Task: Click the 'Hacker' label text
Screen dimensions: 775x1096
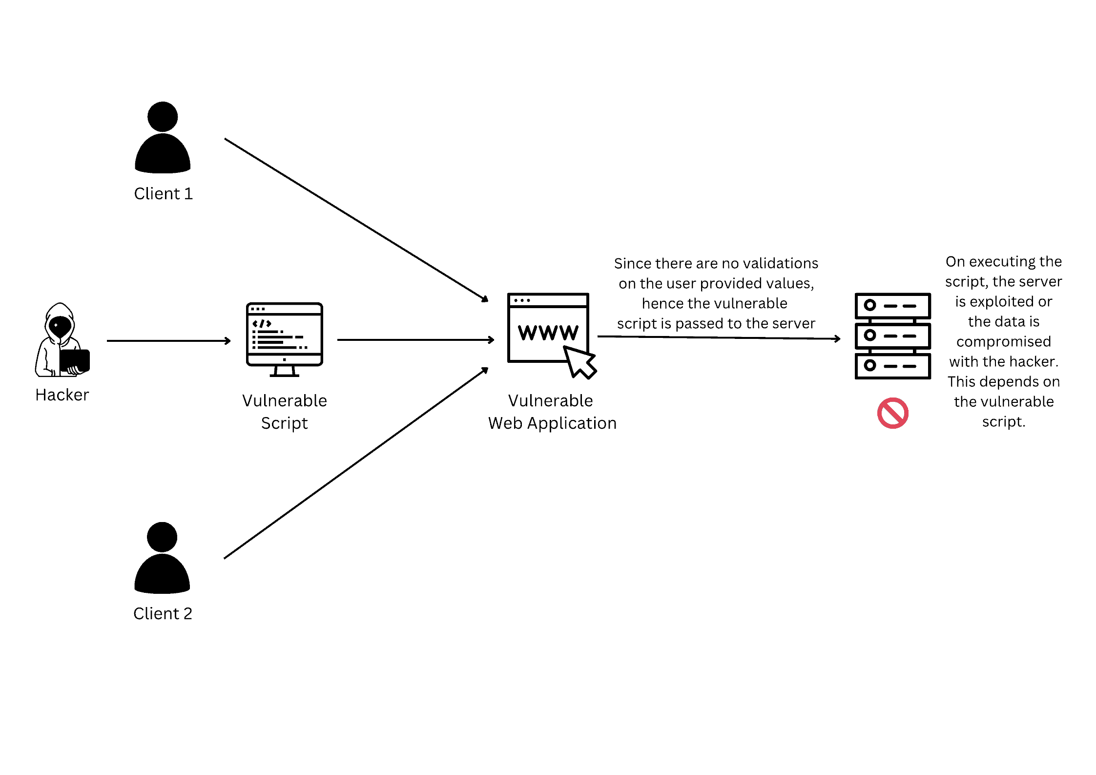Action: point(62,395)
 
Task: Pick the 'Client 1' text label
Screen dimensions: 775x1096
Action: point(164,193)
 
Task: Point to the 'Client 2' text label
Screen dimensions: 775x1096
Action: point(163,613)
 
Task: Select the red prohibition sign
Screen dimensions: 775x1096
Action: point(892,413)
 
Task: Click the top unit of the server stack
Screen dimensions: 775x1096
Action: point(892,306)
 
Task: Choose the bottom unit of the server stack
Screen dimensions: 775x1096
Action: point(892,366)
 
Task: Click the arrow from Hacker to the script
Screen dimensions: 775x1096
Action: point(168,341)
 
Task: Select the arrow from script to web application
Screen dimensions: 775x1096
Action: point(415,340)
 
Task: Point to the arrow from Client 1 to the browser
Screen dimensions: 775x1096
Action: point(356,219)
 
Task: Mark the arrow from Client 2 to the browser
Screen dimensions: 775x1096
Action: point(356,463)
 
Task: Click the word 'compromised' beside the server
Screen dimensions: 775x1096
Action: point(1003,341)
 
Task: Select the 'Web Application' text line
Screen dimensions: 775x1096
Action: point(552,423)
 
